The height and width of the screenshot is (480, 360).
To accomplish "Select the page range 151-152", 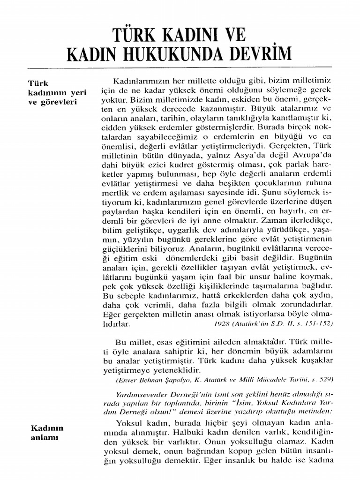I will (x=320, y=323).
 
